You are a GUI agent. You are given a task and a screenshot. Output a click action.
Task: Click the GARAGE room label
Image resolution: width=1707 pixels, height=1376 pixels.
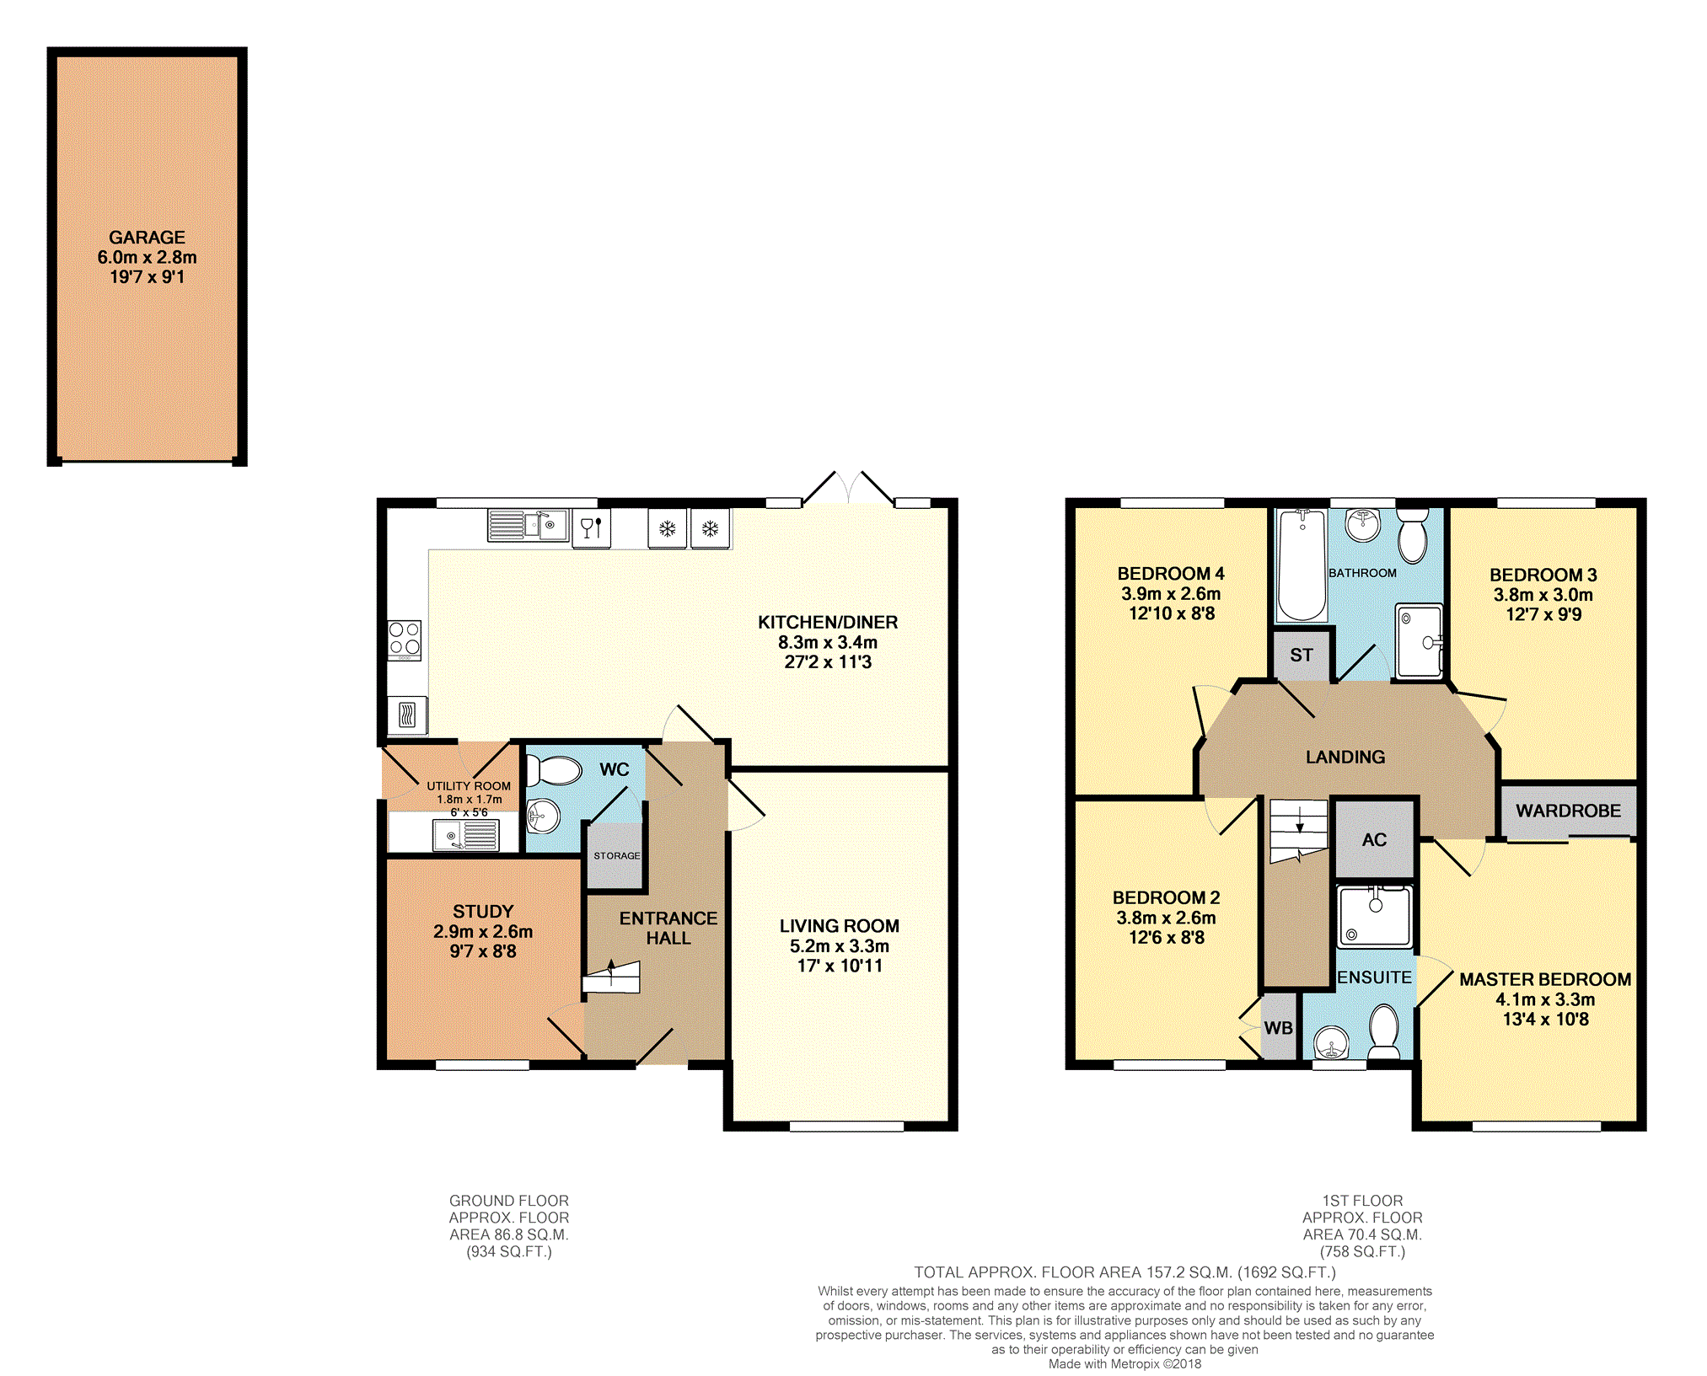[x=147, y=238]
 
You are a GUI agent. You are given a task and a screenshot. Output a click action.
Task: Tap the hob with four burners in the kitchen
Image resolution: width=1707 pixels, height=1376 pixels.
[x=405, y=640]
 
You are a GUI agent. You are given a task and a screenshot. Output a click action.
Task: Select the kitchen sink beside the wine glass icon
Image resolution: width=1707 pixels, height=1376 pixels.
[x=528, y=525]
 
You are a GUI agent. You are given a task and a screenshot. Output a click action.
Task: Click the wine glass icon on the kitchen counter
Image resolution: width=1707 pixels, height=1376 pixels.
[x=591, y=527]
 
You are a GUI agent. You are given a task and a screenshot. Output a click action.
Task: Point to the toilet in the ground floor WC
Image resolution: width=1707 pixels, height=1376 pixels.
[x=554, y=770]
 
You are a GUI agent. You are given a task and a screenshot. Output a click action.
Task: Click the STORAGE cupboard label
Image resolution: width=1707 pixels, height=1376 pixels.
[x=617, y=855]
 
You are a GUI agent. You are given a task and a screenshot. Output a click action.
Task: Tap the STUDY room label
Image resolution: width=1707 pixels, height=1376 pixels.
[x=483, y=912]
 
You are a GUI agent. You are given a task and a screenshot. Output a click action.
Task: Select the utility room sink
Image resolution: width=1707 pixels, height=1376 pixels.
[x=465, y=835]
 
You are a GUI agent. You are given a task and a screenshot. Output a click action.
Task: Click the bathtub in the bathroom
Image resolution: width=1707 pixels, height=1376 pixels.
[x=1302, y=565]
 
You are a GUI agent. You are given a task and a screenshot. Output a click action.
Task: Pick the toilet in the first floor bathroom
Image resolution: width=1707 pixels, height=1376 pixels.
[x=1413, y=534]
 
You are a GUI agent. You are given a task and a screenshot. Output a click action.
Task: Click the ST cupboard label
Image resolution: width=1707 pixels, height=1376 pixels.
[x=1302, y=655]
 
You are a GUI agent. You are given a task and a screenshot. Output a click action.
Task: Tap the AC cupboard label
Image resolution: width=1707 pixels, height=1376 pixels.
[x=1374, y=840]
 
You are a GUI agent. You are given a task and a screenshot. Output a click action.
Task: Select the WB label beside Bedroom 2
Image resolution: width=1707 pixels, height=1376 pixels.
[x=1279, y=1028]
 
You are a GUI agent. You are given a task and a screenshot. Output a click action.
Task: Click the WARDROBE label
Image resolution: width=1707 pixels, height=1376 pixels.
[x=1568, y=811]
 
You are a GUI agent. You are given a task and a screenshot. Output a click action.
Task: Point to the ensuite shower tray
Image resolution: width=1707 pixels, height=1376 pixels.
[x=1375, y=916]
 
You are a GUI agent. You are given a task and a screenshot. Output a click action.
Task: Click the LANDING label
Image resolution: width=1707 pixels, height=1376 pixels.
[x=1345, y=757]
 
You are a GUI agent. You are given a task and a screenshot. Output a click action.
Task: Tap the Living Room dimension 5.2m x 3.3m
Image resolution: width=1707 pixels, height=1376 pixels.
[x=840, y=946]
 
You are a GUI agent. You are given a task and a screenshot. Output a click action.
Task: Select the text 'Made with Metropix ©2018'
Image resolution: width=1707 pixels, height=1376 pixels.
[x=1125, y=1363]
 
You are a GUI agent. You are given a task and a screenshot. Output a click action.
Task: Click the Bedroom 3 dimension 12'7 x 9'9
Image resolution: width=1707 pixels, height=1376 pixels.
[x=1543, y=614]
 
